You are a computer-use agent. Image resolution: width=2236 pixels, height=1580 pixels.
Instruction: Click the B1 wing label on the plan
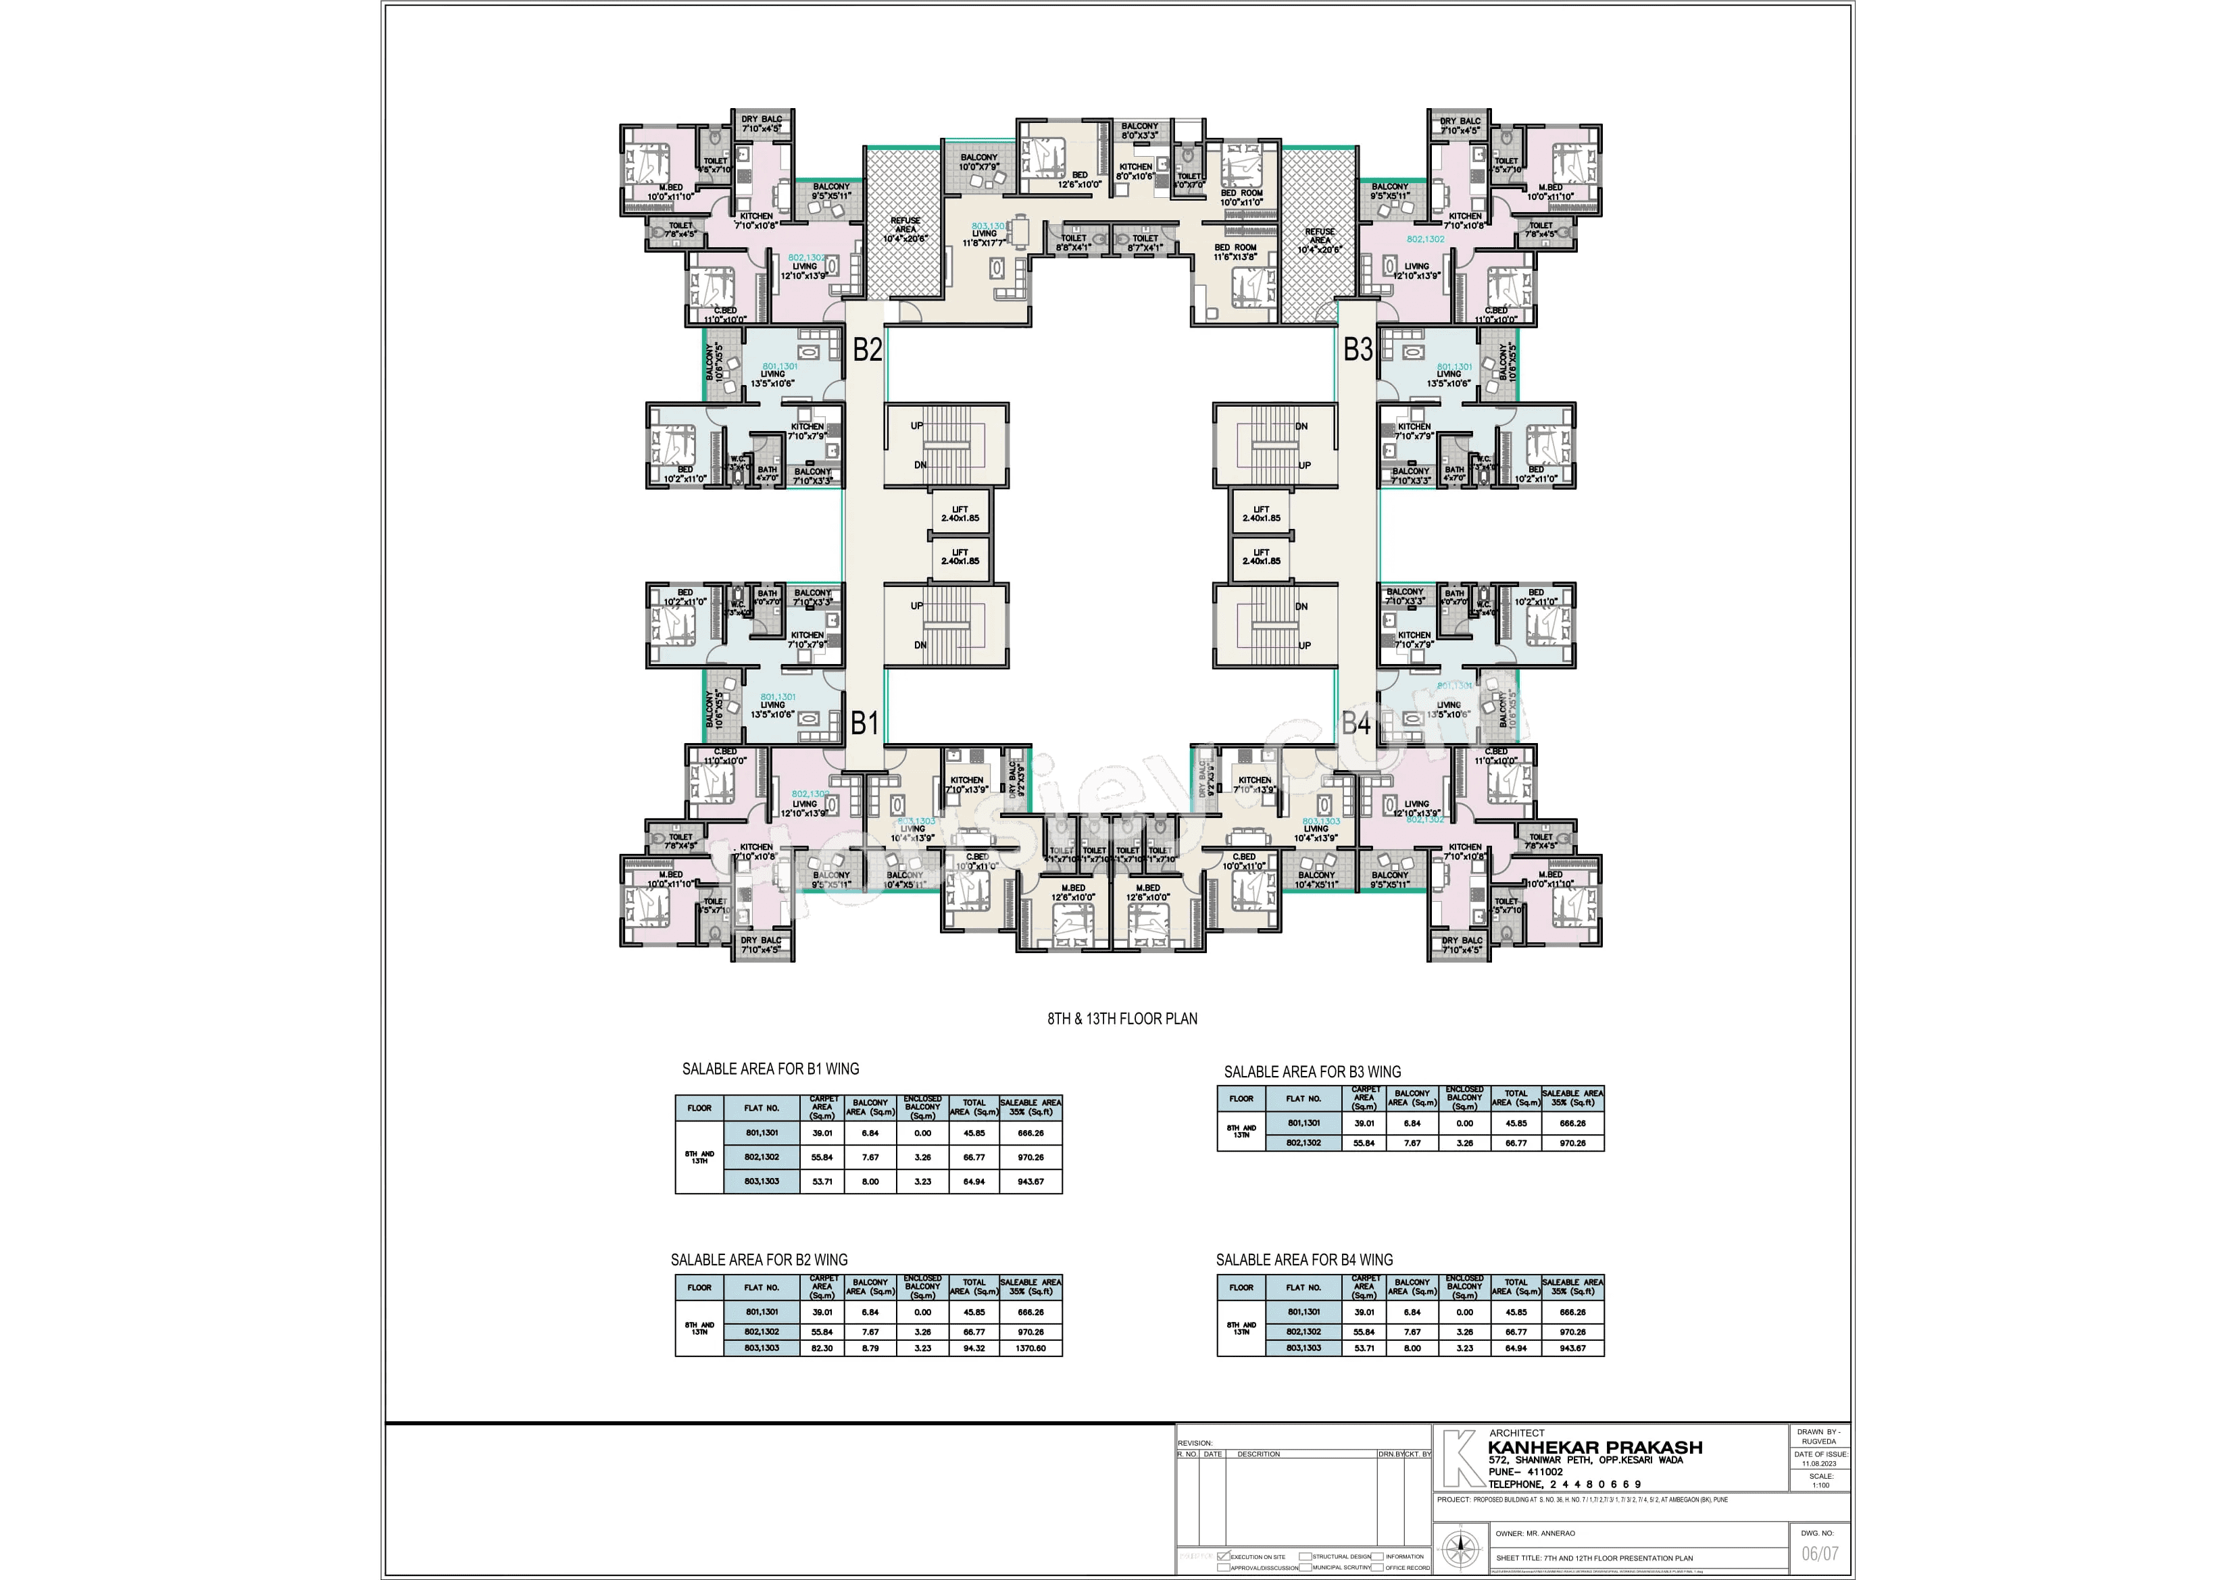click(x=865, y=723)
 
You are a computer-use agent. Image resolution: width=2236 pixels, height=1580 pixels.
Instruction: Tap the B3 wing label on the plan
click(x=1358, y=349)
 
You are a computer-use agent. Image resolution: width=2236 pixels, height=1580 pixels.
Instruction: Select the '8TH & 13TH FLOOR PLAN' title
click(x=1122, y=1018)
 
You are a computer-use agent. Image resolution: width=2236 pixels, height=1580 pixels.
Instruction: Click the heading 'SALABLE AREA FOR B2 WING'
click(x=759, y=1260)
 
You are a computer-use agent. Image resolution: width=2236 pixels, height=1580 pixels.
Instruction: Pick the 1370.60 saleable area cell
click(x=1030, y=1348)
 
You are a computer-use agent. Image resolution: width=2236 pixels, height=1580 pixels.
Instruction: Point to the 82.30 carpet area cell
click(x=822, y=1348)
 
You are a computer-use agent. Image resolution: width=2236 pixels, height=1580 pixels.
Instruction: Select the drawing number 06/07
click(x=1819, y=1554)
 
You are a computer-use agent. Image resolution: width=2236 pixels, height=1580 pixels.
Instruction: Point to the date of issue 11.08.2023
click(x=1819, y=1463)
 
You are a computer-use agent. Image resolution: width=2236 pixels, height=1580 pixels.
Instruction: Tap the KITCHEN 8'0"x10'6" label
click(x=1135, y=172)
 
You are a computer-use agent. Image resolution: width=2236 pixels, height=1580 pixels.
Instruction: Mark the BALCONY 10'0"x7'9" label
click(x=978, y=161)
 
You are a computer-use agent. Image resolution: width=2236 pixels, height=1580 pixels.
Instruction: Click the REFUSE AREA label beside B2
click(x=905, y=229)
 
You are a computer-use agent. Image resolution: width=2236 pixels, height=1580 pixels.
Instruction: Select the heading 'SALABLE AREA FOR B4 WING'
click(x=1304, y=1260)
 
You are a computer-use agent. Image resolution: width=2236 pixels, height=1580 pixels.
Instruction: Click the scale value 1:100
click(x=1820, y=1485)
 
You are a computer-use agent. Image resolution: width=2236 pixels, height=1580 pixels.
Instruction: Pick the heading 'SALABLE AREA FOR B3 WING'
click(x=1312, y=1072)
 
